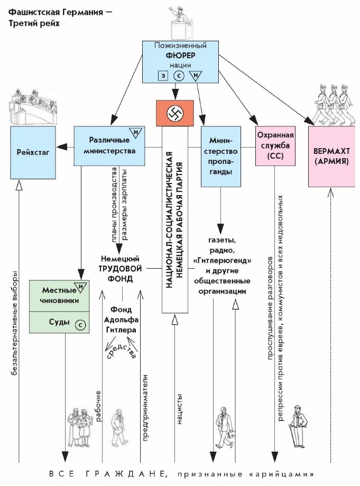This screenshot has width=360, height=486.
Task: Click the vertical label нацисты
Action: coord(180,408)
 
